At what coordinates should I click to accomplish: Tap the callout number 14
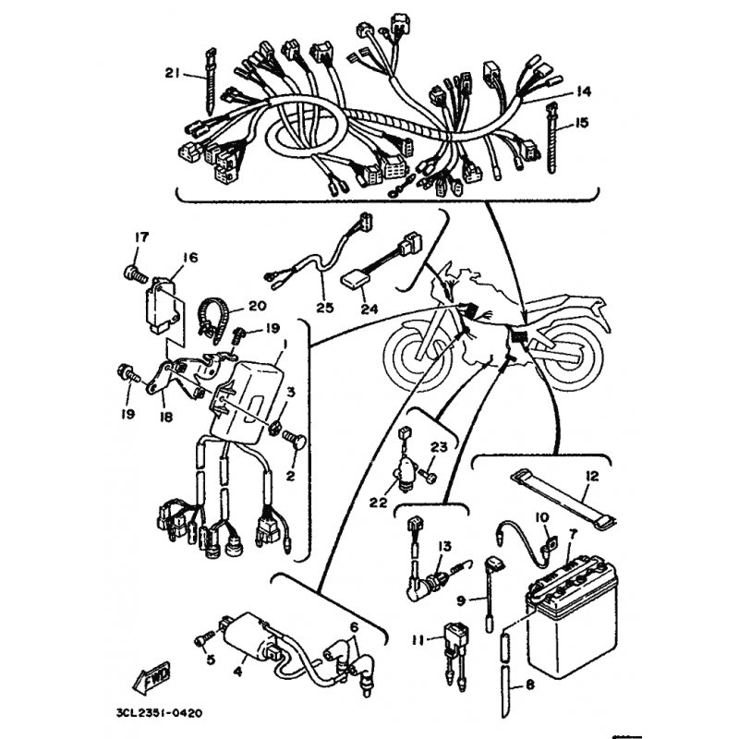(582, 91)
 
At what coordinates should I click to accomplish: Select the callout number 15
(582, 122)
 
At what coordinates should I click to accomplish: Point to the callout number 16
(190, 258)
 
